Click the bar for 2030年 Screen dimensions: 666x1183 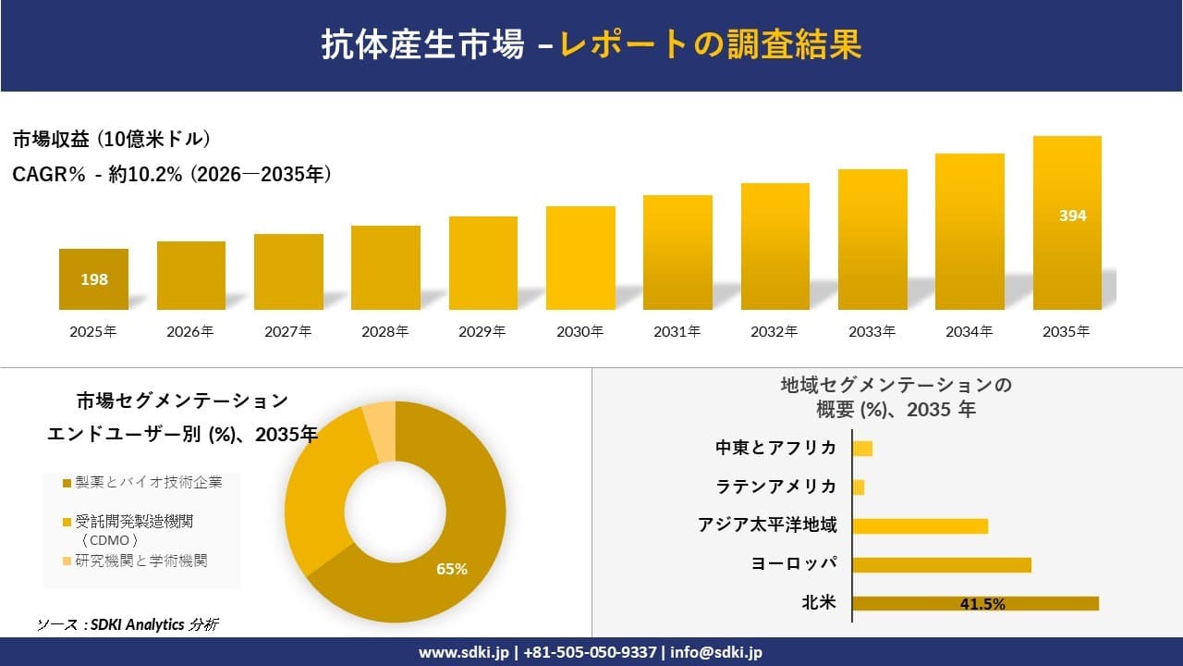pos(580,258)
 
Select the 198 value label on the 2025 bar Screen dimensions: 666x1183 pos(94,279)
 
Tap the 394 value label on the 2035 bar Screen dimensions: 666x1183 pos(1072,216)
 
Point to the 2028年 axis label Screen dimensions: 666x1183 pos(384,331)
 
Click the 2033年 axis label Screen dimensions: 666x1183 pos(872,331)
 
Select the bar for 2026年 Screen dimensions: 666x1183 pos(191,276)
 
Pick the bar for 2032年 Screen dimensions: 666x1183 pos(774,247)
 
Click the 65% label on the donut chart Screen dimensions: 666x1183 pos(452,569)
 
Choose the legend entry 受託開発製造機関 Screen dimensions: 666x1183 pos(134,523)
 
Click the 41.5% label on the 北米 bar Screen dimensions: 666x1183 pos(982,604)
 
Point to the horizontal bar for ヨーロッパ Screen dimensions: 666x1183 pos(941,564)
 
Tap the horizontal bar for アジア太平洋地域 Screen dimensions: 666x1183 pos(920,525)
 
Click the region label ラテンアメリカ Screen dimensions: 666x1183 pos(776,487)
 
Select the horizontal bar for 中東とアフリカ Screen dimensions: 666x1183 pos(862,449)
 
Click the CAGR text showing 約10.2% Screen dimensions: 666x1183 pos(172,174)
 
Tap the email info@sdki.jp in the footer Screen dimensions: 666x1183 pos(716,652)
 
